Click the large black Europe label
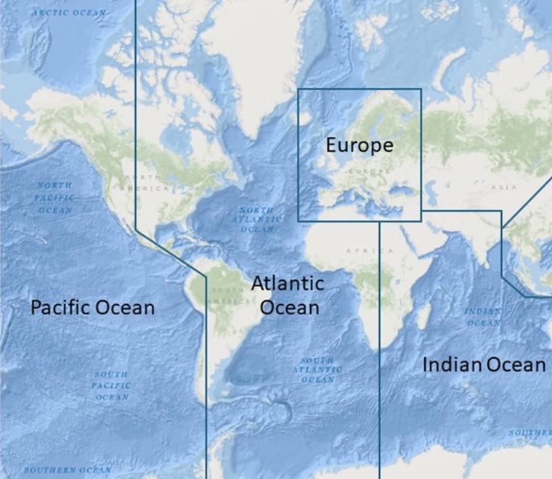point(359,145)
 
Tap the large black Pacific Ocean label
point(92,308)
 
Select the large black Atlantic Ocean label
point(288,295)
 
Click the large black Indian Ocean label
point(484,364)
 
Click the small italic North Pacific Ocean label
point(55,197)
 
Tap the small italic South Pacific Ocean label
point(110,385)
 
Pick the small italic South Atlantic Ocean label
point(317,369)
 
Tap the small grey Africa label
point(360,250)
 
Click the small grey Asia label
point(504,187)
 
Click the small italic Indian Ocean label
point(483,316)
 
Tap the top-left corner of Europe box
point(299,90)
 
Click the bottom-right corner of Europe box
point(421,221)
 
